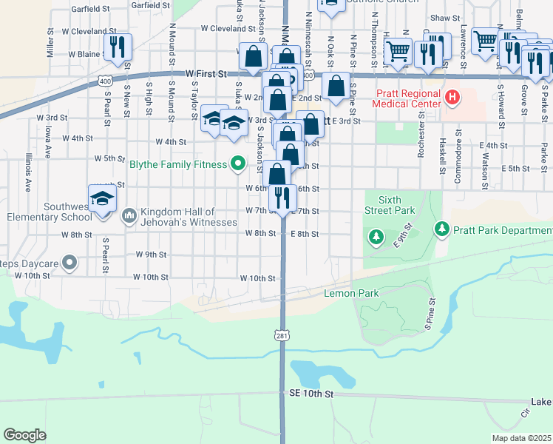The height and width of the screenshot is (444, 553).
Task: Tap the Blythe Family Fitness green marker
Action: [x=237, y=164]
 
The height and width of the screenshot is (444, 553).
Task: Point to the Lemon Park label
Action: [x=351, y=294]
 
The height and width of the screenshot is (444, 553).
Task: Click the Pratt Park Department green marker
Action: [x=441, y=229]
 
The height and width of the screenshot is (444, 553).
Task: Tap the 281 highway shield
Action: [x=282, y=337]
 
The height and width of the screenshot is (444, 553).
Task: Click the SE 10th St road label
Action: [x=309, y=395]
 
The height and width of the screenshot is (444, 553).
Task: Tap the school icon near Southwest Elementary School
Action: [x=103, y=198]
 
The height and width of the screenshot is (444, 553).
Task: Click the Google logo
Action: [x=24, y=435]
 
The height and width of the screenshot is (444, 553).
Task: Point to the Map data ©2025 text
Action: [x=520, y=438]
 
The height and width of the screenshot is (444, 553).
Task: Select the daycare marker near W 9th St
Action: [x=69, y=262]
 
